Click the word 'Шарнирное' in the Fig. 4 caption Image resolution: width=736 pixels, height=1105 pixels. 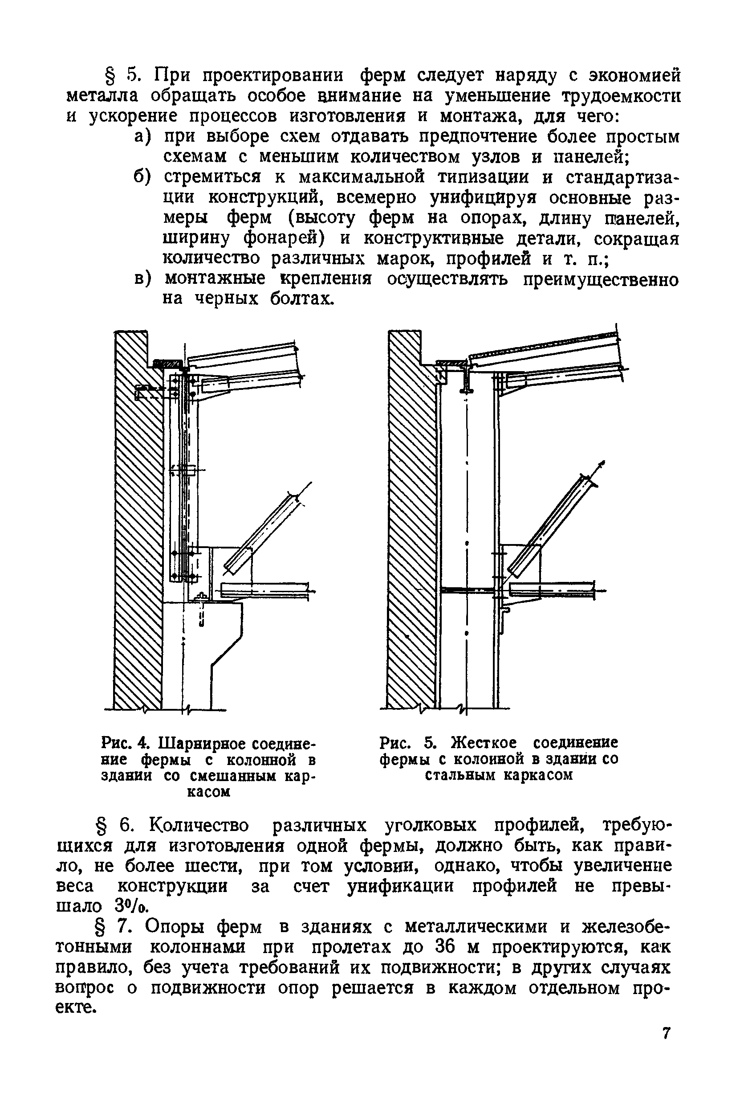[x=202, y=743]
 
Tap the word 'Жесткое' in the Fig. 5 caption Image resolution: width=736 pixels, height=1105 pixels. [x=484, y=742]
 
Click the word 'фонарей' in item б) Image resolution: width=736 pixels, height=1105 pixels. [x=285, y=238]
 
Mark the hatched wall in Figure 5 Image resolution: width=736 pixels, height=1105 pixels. [x=411, y=516]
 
